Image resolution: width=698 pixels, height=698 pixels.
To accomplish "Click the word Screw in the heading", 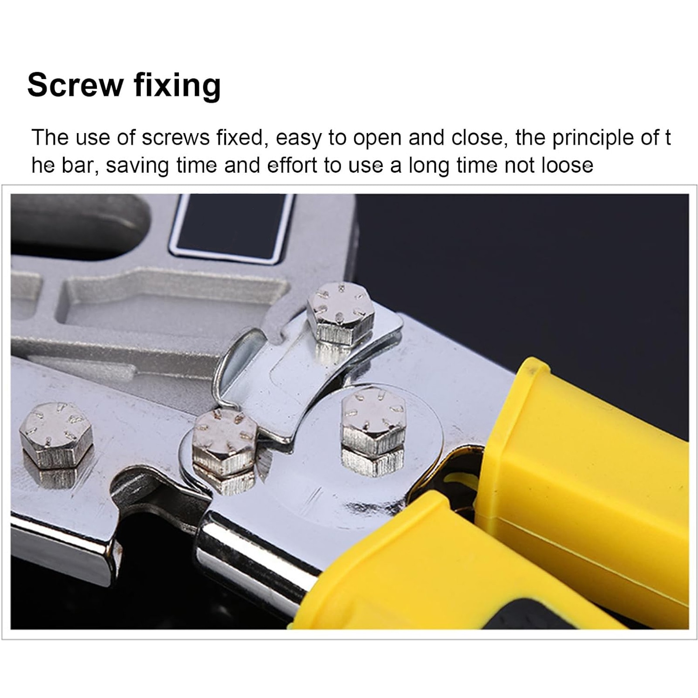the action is click(x=75, y=85).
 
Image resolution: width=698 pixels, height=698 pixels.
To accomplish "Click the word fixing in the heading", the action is click(x=177, y=86).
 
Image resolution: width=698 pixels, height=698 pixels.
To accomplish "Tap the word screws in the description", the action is click(x=176, y=138).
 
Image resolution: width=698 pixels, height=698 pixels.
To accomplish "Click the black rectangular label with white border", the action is click(x=231, y=228).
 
